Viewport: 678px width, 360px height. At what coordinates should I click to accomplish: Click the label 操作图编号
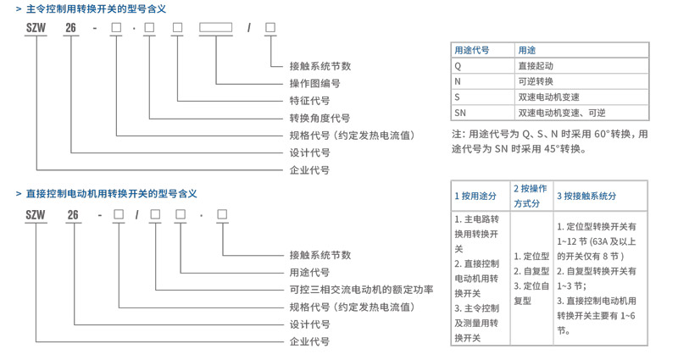coord(314,84)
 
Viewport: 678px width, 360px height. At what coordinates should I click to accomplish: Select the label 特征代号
coord(309,101)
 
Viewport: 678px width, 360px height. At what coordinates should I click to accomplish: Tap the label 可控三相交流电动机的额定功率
coord(361,290)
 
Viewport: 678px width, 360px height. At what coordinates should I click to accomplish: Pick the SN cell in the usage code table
coord(461,113)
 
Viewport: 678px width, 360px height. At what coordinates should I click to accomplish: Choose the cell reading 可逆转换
coord(536,81)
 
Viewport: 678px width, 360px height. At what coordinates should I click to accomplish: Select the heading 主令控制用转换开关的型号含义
coord(96,8)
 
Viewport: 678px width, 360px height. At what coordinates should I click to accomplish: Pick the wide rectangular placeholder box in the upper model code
coord(216,29)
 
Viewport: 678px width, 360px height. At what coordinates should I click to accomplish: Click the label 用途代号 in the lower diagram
coord(309,272)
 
